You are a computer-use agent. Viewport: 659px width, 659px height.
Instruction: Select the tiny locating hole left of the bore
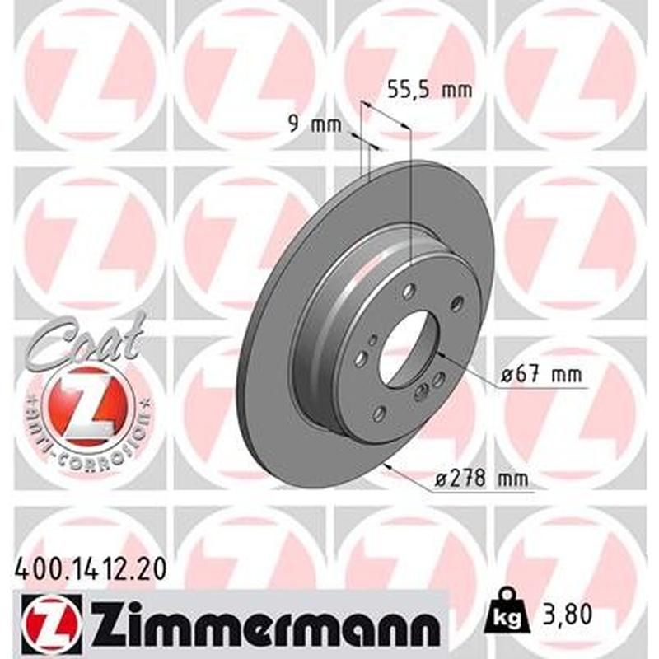click(373, 339)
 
